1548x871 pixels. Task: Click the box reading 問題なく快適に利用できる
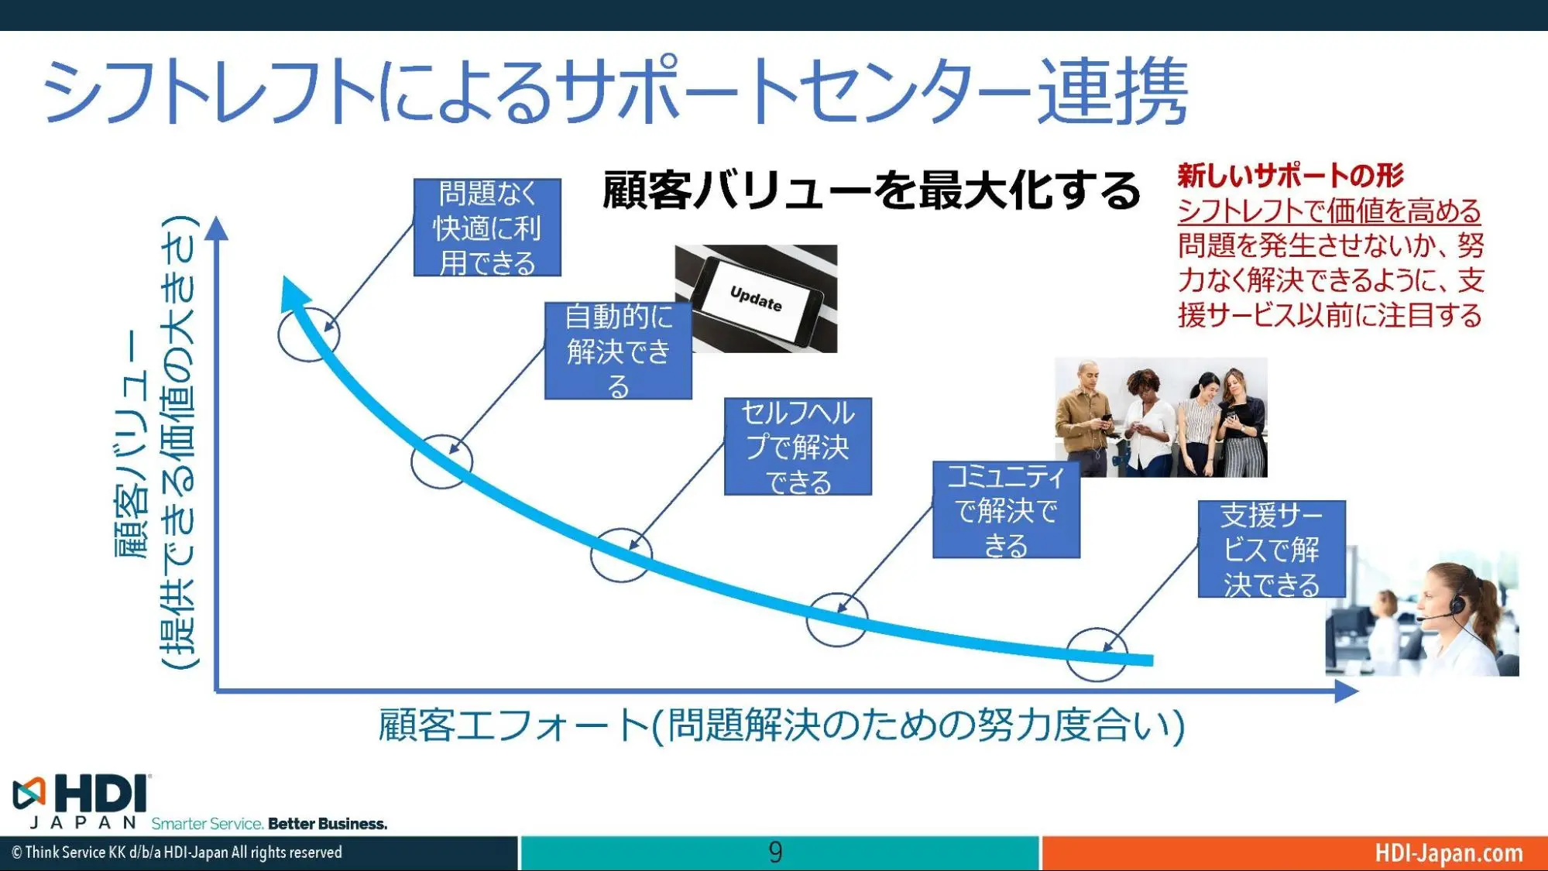tap(486, 228)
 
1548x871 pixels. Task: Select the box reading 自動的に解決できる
tap(617, 351)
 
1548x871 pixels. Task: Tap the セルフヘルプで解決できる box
tap(798, 447)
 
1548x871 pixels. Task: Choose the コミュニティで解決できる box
tap(1005, 510)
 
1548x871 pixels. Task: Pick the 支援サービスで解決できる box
tap(1271, 549)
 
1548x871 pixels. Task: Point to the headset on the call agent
tap(1456, 602)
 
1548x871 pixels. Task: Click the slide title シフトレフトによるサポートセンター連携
tap(615, 91)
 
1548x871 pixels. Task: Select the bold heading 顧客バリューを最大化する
tap(871, 190)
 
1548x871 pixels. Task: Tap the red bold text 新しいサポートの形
tap(1290, 176)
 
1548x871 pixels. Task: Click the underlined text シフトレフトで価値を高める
tap(1329, 211)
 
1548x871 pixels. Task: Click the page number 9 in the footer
tap(775, 852)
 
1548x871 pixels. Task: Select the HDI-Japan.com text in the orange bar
tap(1448, 852)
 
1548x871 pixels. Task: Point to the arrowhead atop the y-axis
tap(218, 228)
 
